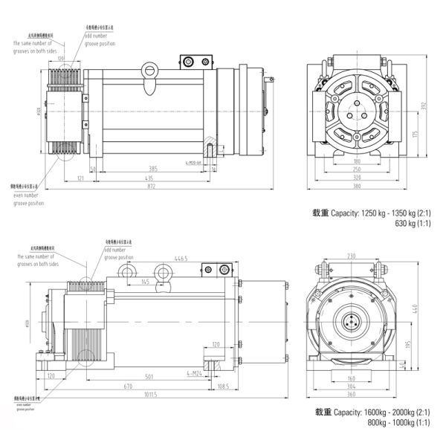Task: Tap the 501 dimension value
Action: [x=149, y=376]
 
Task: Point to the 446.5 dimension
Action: [x=181, y=259]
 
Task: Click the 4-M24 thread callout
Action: [x=194, y=373]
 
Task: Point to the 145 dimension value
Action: [x=143, y=282]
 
